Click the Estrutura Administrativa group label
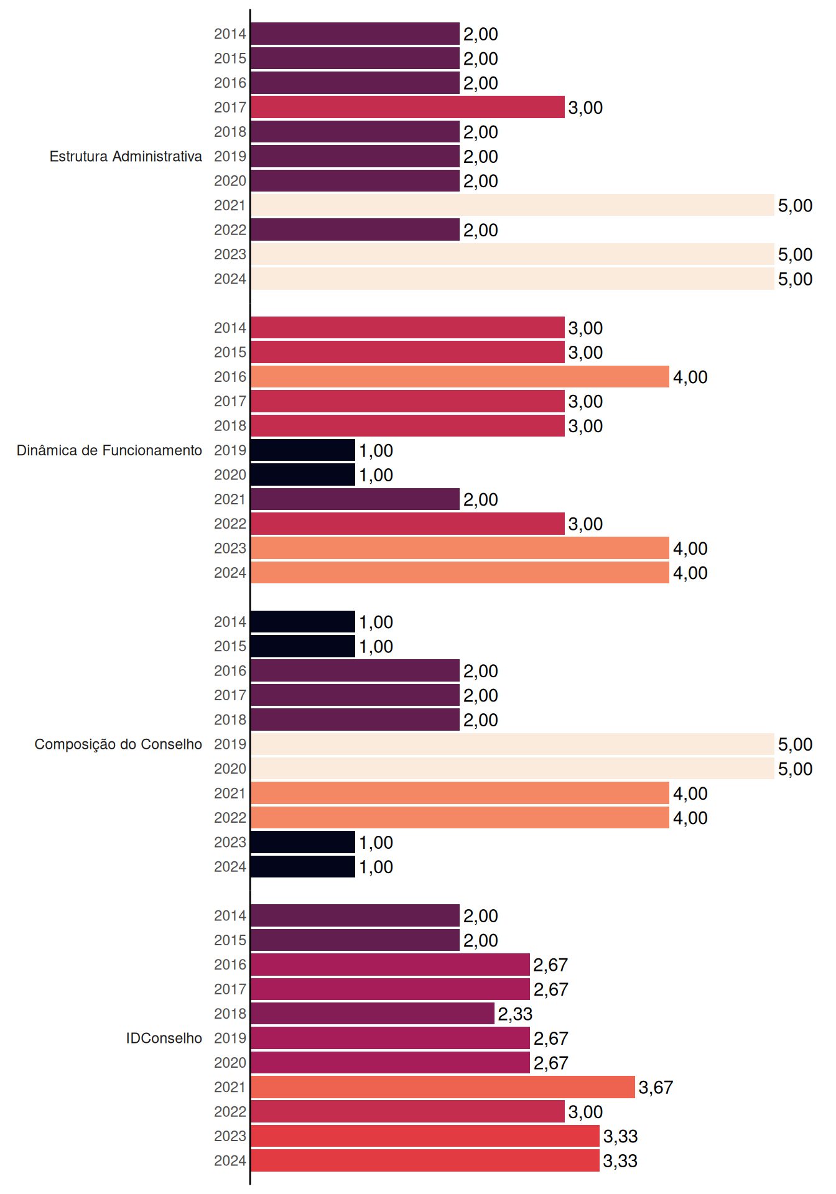pos(126,156)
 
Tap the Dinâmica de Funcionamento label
pos(109,450)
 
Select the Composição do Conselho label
pos(118,744)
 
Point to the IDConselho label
pos(164,1038)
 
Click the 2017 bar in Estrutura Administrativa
pos(407,107)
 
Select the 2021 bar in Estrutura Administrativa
pos(513,205)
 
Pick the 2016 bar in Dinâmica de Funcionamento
pos(460,377)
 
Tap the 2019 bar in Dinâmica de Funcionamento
pos(303,450)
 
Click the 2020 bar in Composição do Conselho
pos(513,769)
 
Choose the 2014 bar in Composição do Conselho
pos(303,622)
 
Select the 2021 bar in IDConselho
pos(443,1087)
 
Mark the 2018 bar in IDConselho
pos(373,1014)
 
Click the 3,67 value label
pos(656,1088)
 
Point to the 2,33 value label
pos(515,1014)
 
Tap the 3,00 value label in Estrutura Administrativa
pos(585,108)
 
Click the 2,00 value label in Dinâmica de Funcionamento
pos(480,500)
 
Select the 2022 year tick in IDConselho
pos(230,1112)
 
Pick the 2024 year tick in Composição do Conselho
pos(230,867)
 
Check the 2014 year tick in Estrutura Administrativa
pos(230,34)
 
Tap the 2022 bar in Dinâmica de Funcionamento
pos(407,524)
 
